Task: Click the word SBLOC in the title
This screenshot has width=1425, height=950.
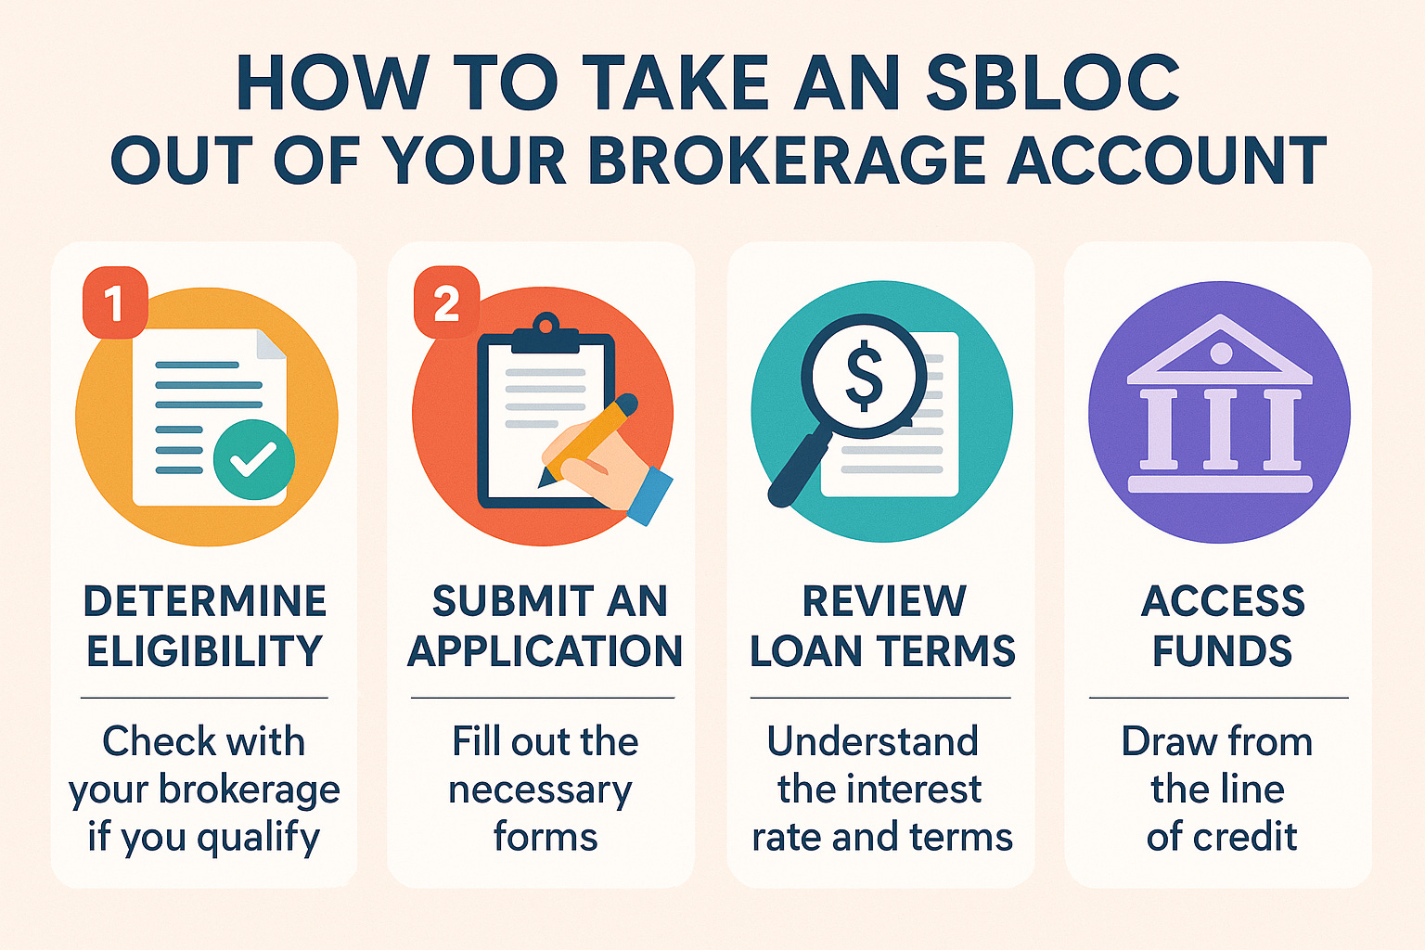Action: pos(1052,83)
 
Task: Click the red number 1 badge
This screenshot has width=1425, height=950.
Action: pos(115,302)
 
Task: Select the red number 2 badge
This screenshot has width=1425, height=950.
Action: pos(446,302)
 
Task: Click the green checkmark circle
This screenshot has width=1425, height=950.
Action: pos(253,459)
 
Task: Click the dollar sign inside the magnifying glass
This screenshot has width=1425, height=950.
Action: pos(864,376)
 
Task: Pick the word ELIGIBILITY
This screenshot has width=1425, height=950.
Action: pos(204,651)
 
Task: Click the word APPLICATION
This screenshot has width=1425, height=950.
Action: pos(545,651)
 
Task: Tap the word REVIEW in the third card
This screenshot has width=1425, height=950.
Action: pos(883,601)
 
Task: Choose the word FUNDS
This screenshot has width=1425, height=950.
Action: pos(1222,651)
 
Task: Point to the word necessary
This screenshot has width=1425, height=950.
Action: pos(540,790)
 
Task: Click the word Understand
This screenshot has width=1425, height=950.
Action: pos(873,741)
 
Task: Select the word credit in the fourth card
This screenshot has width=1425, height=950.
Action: pos(1245,837)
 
